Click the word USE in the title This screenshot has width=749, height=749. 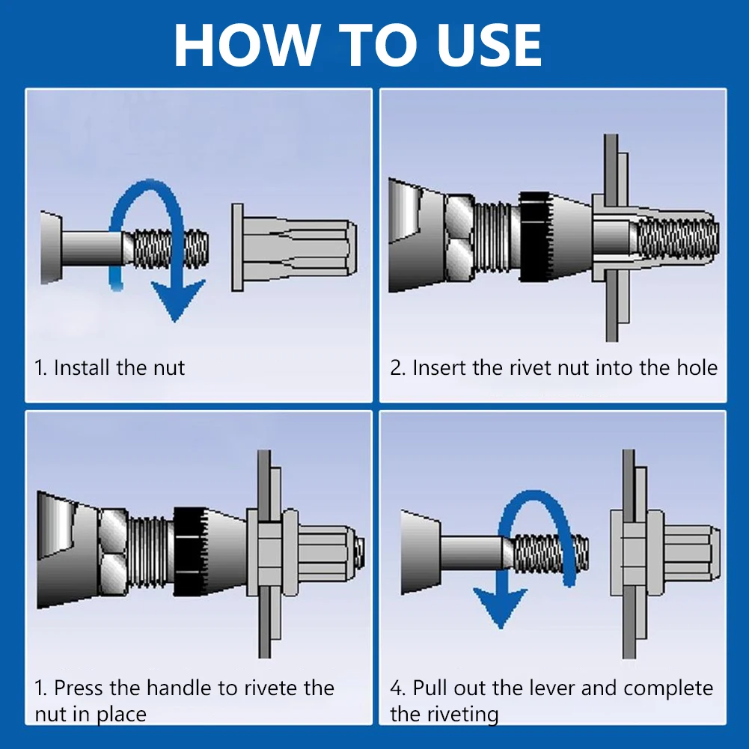(489, 44)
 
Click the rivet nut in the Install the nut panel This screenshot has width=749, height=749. (294, 248)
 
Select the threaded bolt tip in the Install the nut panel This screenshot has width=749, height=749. (171, 248)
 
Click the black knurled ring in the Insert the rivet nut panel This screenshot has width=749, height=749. (535, 236)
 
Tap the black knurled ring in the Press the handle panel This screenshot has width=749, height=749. (189, 551)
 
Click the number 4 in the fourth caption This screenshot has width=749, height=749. (396, 688)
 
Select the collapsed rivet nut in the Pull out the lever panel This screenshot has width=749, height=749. (665, 553)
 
